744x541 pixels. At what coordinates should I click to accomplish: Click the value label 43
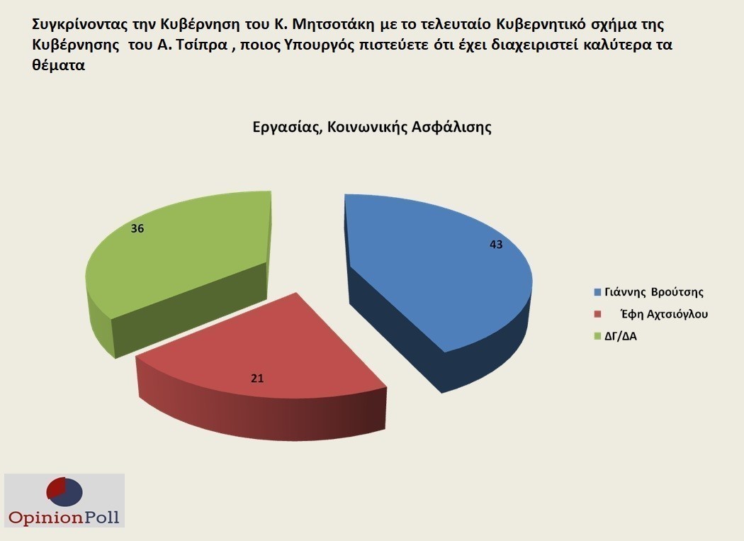click(496, 245)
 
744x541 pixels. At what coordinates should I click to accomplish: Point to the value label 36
click(137, 228)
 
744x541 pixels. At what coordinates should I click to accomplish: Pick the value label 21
click(257, 379)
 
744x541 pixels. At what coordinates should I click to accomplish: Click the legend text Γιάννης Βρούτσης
click(654, 291)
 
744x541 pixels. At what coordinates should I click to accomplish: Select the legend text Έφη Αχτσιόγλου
click(665, 314)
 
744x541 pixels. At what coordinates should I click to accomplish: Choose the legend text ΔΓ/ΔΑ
click(621, 336)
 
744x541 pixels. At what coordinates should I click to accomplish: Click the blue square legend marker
click(598, 291)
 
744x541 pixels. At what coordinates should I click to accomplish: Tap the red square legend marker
click(598, 314)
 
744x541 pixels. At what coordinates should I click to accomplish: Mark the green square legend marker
click(598, 336)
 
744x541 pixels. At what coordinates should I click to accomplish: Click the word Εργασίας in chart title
click(288, 128)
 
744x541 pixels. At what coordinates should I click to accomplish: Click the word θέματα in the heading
click(58, 65)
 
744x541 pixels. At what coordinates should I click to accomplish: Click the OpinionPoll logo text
click(64, 517)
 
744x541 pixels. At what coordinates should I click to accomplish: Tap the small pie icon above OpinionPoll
click(64, 492)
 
